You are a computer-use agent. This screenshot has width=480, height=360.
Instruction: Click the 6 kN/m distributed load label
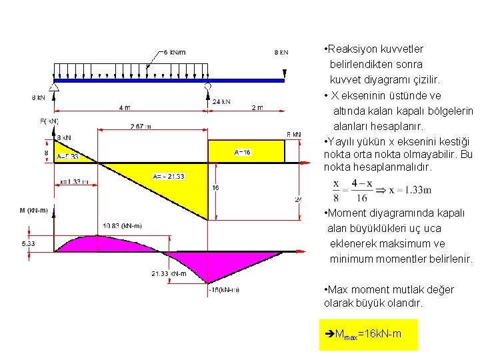click(174, 52)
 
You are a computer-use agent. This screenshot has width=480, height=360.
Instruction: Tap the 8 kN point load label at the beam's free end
click(281, 52)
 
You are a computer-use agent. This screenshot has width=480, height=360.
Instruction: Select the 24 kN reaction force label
click(221, 102)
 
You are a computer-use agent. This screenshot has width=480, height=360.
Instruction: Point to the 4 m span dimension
click(125, 107)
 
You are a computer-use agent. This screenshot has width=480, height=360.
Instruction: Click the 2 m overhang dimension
click(257, 107)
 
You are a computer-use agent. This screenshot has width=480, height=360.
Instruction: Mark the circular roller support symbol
click(208, 87)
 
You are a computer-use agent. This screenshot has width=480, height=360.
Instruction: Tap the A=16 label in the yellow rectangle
click(243, 152)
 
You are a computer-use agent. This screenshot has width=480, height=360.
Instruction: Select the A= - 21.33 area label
click(168, 176)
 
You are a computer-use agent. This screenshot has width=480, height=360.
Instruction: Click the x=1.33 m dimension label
click(74, 181)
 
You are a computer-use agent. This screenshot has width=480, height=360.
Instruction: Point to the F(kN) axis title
click(49, 121)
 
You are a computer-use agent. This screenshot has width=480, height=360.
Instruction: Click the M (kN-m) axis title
click(33, 211)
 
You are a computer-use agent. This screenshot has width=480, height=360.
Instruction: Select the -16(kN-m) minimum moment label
click(225, 289)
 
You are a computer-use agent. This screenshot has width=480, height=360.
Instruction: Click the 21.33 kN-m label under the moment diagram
click(169, 273)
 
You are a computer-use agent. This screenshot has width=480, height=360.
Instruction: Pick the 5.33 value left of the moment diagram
click(29, 244)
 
